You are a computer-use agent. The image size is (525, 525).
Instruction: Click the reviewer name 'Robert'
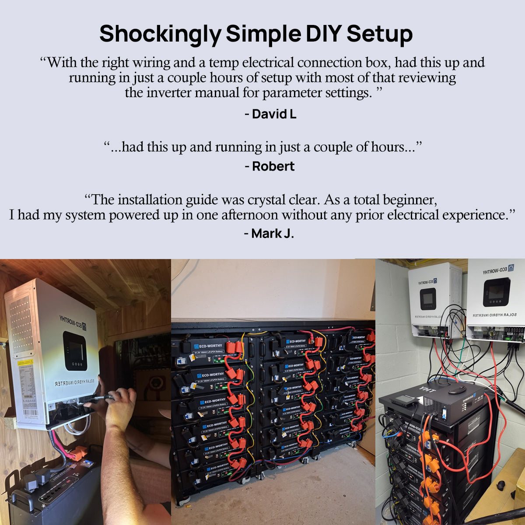[x=273, y=166]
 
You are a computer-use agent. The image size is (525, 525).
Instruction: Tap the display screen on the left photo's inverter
[x=75, y=350]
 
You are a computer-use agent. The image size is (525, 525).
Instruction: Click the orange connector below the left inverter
[x=79, y=453]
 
